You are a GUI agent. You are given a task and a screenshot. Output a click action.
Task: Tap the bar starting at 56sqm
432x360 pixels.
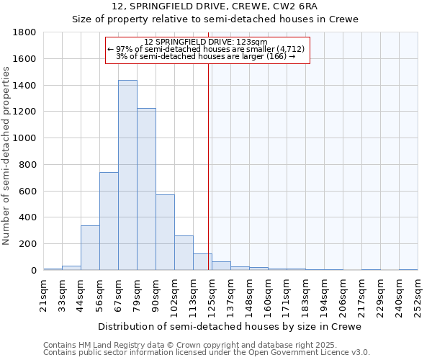pos(109,221)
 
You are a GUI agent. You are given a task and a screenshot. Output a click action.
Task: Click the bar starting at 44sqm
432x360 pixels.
pos(90,248)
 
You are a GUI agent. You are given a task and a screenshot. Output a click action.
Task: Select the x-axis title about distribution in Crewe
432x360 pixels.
pos(230,326)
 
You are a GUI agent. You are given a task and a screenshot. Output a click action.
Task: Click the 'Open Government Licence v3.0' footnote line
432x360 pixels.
pos(207,353)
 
